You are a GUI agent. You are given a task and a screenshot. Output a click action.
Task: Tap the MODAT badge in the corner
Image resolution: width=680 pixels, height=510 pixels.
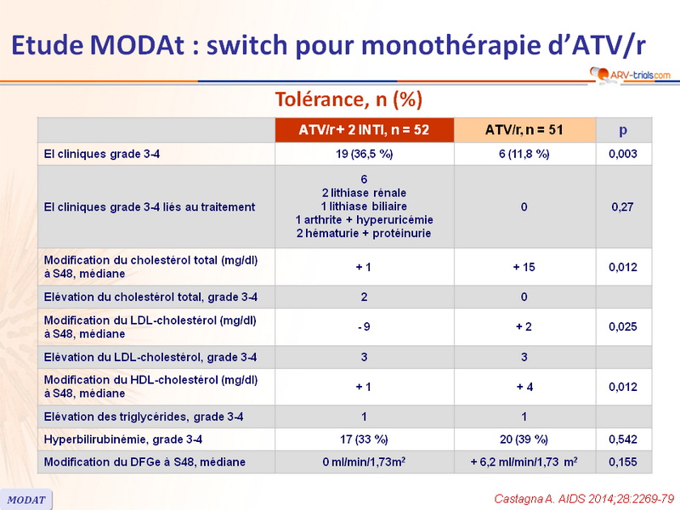26,499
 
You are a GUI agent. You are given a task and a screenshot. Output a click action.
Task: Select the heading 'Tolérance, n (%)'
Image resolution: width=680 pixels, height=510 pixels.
348,99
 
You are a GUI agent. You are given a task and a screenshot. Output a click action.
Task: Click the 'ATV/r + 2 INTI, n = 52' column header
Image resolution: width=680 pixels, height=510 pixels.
364,130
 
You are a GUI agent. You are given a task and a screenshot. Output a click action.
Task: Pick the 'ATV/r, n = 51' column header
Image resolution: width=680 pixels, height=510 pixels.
524,130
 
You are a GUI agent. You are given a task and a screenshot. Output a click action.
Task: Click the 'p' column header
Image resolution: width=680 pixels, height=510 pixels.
623,130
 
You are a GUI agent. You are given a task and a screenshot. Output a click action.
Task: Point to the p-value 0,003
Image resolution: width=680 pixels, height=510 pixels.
623,154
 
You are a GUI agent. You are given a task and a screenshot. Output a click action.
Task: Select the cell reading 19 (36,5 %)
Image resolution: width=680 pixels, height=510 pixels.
364,154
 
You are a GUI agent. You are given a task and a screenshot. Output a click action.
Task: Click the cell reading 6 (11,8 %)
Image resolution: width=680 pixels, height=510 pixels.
524,154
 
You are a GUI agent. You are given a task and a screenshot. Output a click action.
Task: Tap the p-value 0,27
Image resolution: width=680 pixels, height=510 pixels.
623,207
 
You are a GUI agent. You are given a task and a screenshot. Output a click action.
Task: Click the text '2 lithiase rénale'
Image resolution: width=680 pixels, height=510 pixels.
364,193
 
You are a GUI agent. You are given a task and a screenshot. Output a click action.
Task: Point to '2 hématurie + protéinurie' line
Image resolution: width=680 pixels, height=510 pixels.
364,233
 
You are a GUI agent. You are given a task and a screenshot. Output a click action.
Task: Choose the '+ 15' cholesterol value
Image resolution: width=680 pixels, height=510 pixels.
524,266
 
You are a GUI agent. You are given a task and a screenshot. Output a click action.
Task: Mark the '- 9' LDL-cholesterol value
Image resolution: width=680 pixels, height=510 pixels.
364,326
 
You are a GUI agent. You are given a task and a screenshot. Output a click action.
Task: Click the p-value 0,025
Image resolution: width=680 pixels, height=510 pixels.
623,326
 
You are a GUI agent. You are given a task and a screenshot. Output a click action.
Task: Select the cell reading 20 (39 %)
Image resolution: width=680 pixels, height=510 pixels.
524,439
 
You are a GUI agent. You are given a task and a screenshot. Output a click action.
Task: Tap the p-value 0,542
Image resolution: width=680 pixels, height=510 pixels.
623,439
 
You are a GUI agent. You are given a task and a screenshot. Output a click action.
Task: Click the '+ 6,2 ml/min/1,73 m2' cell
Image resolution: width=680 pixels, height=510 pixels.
524,462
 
